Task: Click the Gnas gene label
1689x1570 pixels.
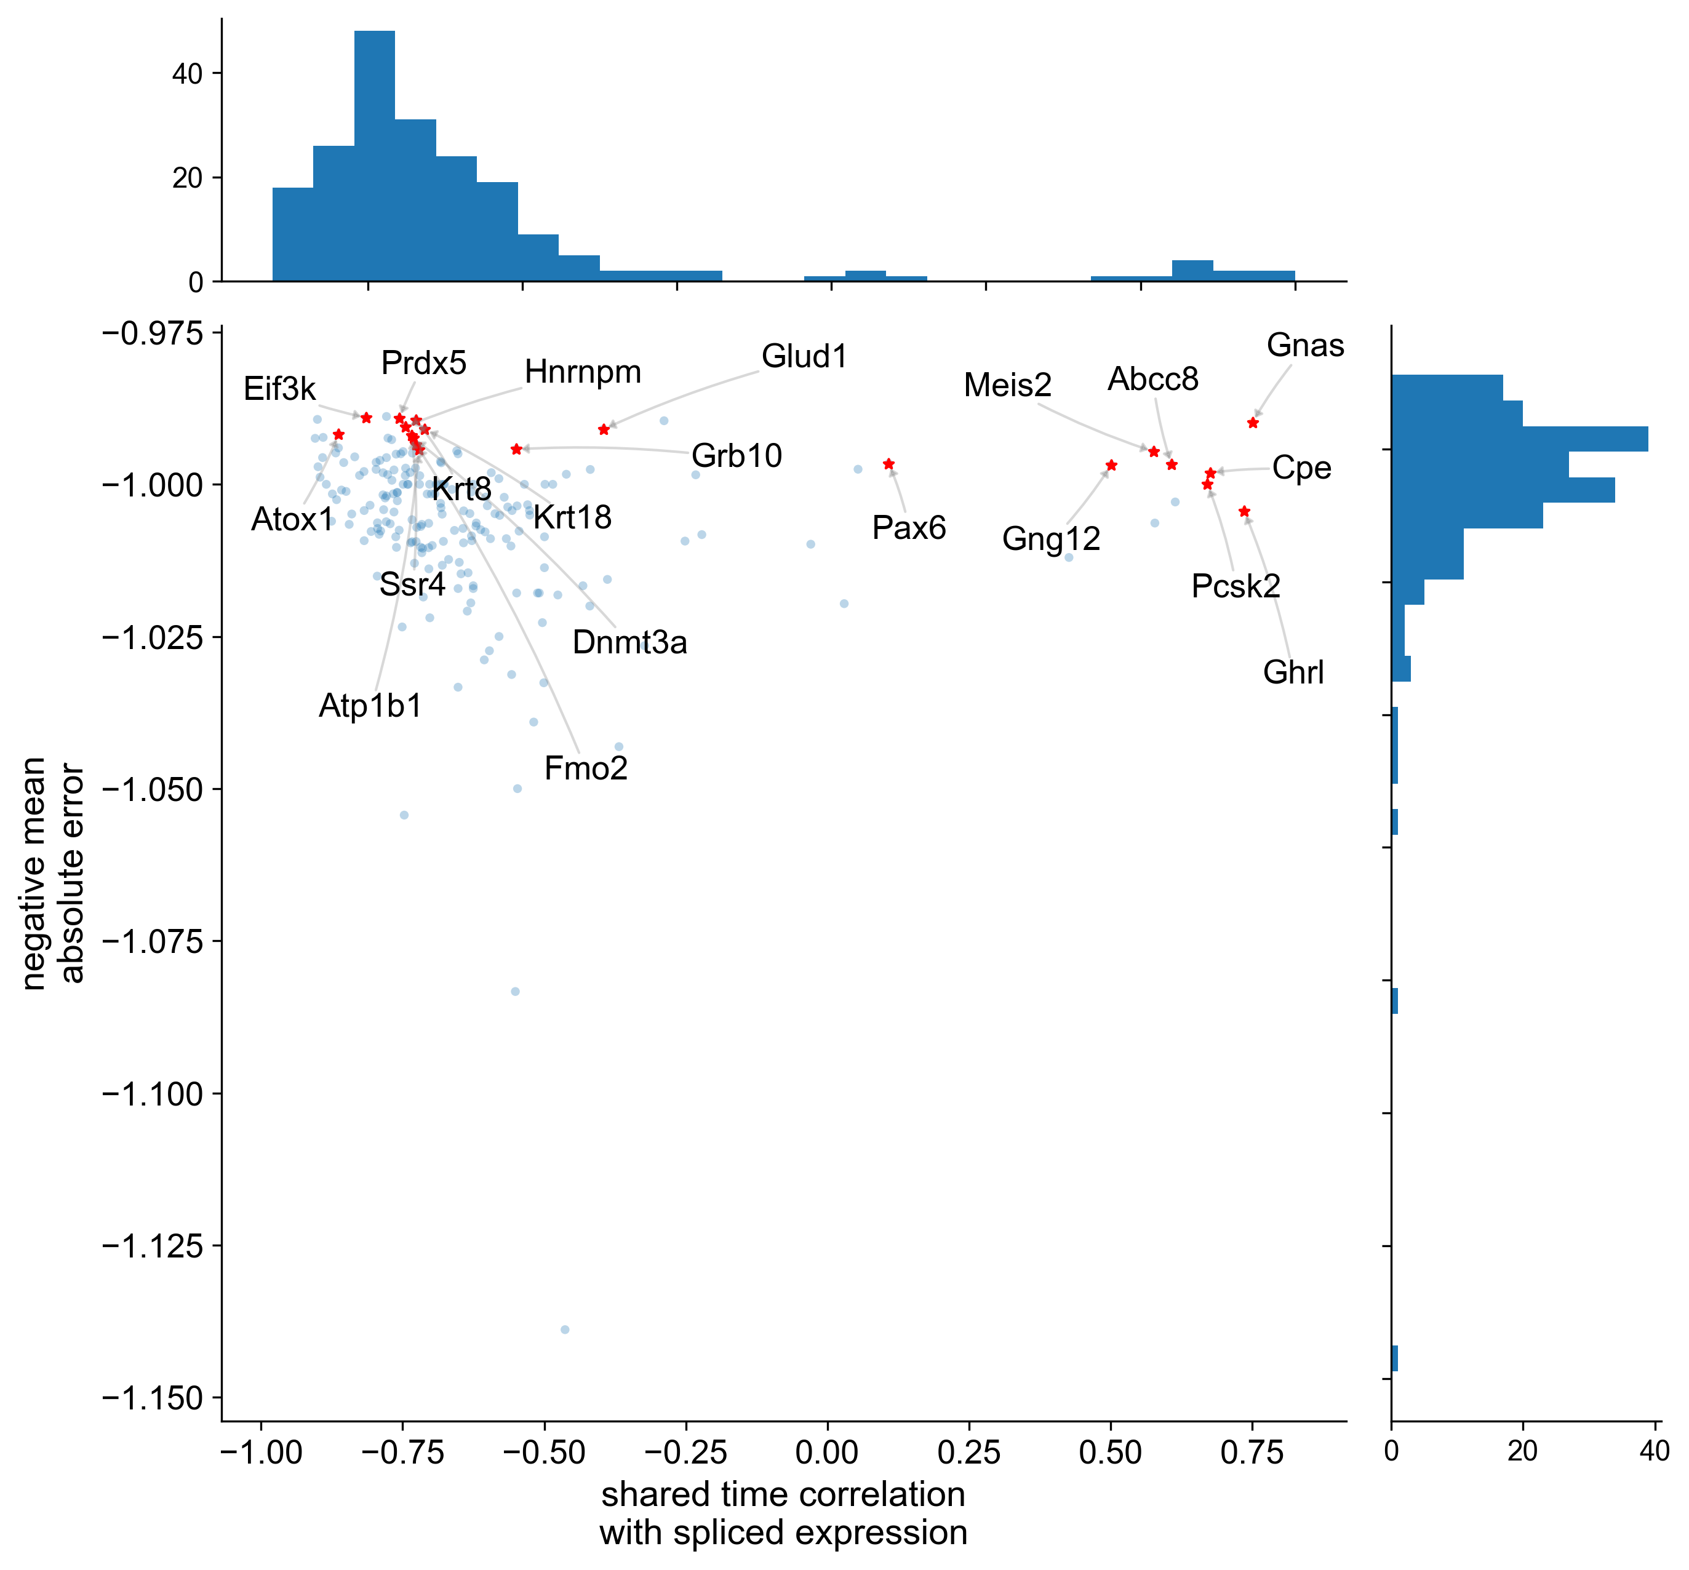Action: (1305, 346)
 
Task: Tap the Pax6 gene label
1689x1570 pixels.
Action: (908, 528)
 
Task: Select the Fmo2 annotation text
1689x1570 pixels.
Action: (585, 769)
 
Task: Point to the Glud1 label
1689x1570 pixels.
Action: (804, 357)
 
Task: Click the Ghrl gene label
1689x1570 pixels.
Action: (1293, 673)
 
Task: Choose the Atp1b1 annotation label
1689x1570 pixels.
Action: (370, 706)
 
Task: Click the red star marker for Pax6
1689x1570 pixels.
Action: (888, 464)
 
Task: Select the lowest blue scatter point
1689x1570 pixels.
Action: (565, 1329)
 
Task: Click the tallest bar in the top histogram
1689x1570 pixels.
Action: (375, 156)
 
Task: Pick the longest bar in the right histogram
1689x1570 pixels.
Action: (1519, 439)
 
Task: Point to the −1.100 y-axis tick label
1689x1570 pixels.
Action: (153, 1094)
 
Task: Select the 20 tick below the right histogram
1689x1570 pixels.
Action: (1522, 1451)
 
